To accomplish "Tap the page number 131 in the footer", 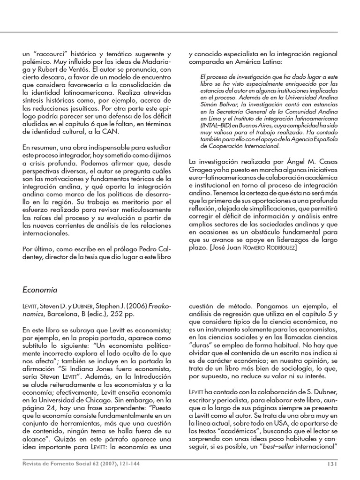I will pos(330,464).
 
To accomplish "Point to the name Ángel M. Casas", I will pos(301,161).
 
